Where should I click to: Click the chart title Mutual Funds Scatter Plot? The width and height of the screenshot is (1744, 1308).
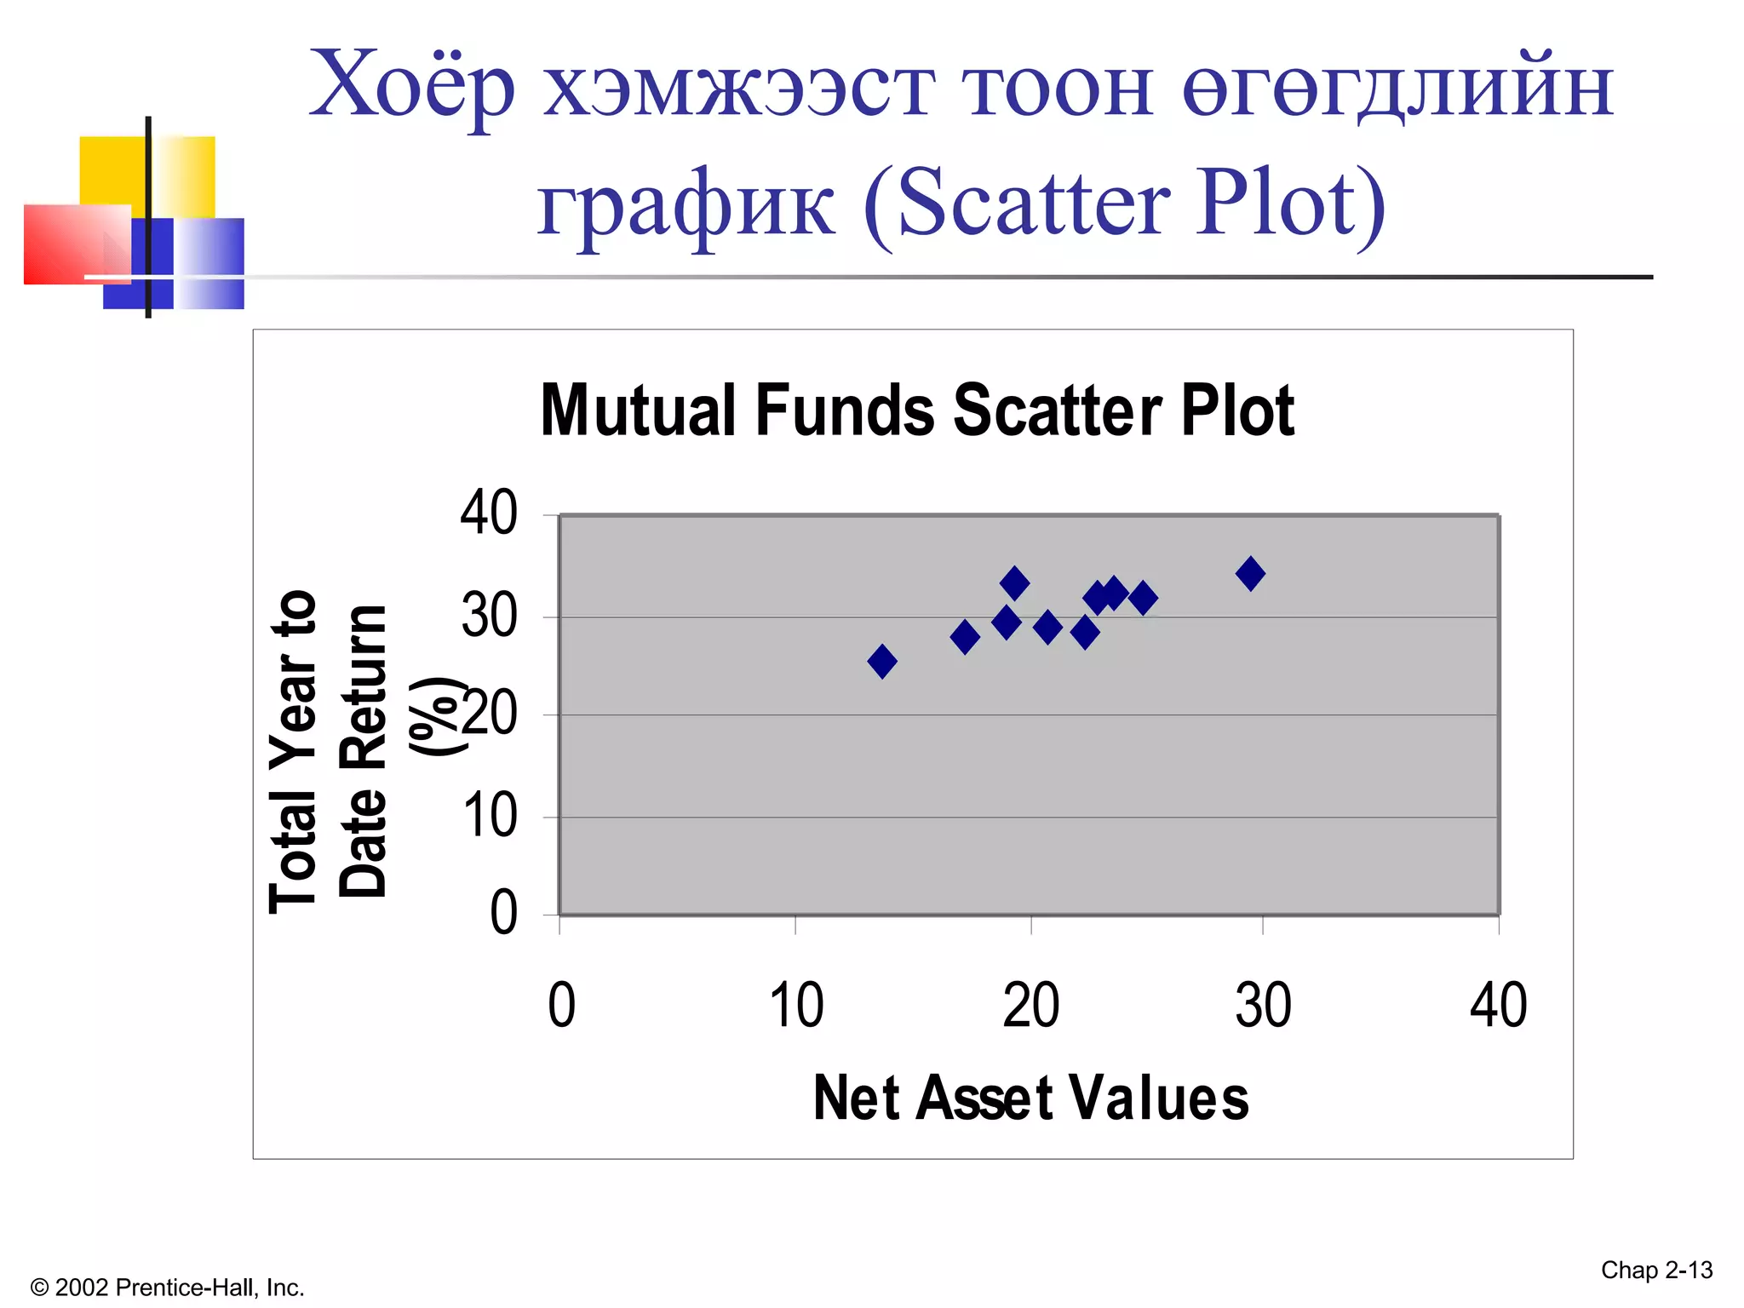(x=917, y=410)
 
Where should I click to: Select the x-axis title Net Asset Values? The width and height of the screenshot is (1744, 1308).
(x=1030, y=1098)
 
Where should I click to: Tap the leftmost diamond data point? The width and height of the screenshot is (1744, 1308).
(x=882, y=661)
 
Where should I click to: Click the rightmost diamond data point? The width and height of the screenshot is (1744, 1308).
(x=1250, y=574)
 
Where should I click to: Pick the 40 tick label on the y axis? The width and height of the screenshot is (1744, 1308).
(x=489, y=513)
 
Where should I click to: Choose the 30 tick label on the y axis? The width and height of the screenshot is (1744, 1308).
(x=489, y=616)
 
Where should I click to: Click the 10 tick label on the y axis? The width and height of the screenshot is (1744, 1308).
(x=490, y=816)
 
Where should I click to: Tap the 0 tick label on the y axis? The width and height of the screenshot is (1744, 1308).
(x=503, y=913)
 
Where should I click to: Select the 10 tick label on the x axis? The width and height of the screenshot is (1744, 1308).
(x=796, y=1006)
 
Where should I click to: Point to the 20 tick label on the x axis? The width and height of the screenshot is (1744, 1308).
(x=1030, y=1006)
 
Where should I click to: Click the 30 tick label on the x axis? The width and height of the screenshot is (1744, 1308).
(x=1263, y=1006)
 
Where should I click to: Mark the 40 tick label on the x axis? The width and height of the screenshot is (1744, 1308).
(x=1498, y=1006)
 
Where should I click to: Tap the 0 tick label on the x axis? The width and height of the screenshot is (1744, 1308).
(x=562, y=1006)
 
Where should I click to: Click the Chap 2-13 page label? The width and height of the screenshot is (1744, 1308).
(x=1656, y=1271)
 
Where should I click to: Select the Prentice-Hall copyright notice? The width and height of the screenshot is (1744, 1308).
(x=167, y=1288)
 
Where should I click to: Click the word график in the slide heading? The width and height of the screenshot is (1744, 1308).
(x=686, y=204)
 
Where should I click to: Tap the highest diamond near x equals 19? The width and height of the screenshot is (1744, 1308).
(x=1014, y=584)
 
